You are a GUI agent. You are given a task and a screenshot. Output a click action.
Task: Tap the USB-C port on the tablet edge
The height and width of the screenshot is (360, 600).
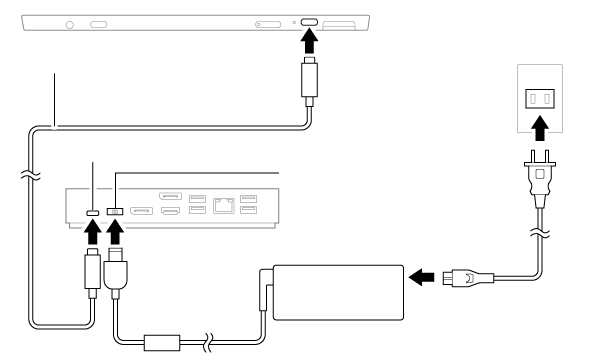[x=310, y=22]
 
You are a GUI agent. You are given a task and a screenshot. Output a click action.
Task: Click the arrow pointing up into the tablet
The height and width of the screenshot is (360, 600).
[x=310, y=43]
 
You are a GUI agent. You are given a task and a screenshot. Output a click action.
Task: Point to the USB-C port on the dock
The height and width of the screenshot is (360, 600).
[x=92, y=211]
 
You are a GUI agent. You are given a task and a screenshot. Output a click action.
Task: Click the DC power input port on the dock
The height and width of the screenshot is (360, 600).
[x=114, y=211]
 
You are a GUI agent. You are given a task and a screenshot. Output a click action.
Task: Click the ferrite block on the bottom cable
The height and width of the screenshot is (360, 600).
[x=158, y=340]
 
